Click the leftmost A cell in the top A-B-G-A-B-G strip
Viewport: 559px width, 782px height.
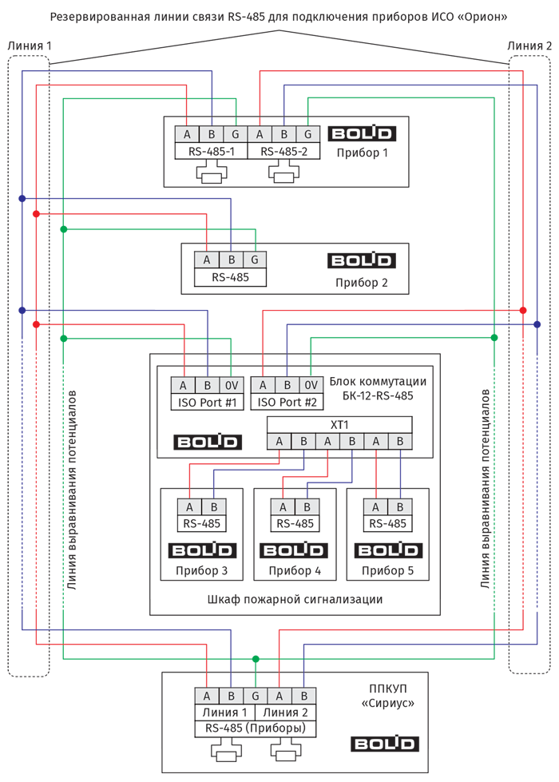click(186, 133)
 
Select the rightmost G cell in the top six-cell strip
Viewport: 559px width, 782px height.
click(309, 133)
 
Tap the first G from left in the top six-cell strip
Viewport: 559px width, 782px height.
click(236, 133)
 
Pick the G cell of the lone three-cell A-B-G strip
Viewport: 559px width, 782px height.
click(255, 260)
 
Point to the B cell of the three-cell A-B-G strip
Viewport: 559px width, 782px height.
click(231, 260)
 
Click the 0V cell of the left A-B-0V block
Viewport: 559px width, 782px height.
click(232, 386)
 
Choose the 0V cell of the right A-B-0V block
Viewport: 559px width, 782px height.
click(312, 386)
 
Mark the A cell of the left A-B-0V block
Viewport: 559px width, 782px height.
click(184, 386)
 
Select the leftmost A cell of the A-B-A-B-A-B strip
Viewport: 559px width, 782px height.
click(279, 442)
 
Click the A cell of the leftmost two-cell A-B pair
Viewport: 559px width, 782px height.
click(190, 507)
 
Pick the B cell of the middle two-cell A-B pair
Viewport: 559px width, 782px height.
click(306, 507)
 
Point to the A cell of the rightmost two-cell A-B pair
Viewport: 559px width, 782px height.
click(375, 507)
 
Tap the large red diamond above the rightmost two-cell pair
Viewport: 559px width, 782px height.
click(375, 474)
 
